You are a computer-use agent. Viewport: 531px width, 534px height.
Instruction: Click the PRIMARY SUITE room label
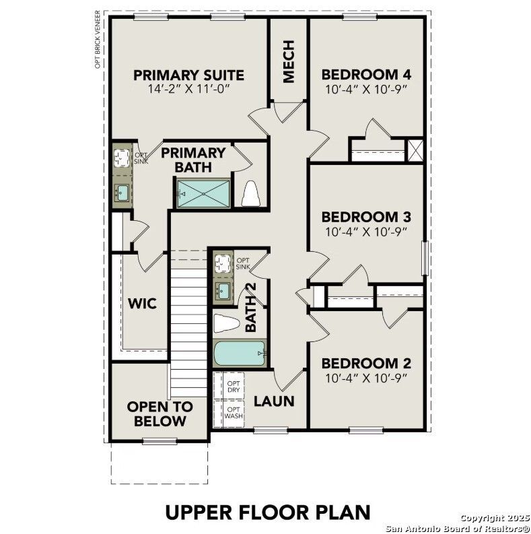coord(188,75)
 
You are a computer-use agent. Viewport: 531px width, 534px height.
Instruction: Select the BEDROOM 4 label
coord(366,75)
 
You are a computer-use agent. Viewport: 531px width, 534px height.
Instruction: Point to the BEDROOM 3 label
coord(366,217)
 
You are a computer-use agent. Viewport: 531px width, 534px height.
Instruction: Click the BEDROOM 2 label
coord(366,364)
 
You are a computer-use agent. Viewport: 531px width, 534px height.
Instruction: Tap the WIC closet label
coord(142,304)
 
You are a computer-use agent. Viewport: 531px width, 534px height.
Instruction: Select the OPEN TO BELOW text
coord(160,414)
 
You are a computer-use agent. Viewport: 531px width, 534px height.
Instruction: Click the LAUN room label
coord(274,401)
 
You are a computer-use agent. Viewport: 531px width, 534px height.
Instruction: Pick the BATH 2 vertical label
coord(251,307)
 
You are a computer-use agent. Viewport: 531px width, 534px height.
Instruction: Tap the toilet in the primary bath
coord(250,194)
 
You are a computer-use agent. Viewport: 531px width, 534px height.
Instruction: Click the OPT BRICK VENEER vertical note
coord(98,39)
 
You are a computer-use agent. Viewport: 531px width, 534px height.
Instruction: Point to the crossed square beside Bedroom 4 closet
coord(415,149)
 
